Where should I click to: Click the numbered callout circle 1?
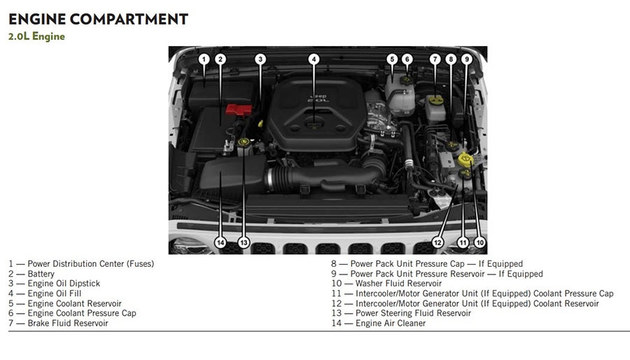tap(204, 59)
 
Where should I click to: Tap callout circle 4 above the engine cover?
tap(314, 59)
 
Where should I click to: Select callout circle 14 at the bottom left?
tap(220, 243)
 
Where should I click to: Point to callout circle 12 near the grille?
tap(438, 243)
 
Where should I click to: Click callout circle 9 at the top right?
tap(466, 59)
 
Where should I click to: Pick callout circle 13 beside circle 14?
tap(243, 243)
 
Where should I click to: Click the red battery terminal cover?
tap(239, 109)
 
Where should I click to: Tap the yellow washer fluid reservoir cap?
tap(466, 160)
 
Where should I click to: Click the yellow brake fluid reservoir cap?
tap(435, 100)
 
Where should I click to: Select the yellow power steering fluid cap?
tap(243, 142)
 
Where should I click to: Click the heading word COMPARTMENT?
tap(129, 19)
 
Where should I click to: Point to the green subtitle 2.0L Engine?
tap(37, 37)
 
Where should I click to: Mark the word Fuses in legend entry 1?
tap(140, 264)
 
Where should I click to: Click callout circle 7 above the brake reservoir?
tap(435, 59)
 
